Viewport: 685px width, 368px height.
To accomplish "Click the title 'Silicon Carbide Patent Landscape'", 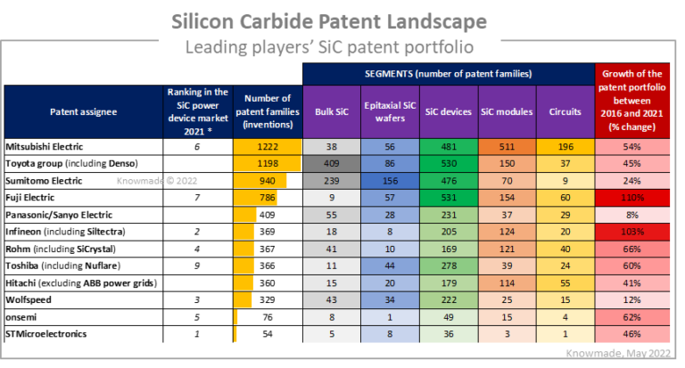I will coord(342,20).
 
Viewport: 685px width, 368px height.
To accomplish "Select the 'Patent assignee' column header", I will coord(84,112).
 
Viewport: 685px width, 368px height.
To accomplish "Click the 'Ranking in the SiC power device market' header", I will coord(197,111).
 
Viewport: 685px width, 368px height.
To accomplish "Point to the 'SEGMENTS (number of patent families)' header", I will coord(448,73).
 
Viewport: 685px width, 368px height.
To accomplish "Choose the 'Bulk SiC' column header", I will coord(331,112).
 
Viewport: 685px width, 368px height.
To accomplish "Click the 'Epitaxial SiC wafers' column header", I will coord(389,112).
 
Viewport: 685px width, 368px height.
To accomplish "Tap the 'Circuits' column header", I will coord(565,112).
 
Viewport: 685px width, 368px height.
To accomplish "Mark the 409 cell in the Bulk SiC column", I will coord(331,164).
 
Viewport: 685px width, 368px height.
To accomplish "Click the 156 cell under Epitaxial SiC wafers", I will coord(389,181).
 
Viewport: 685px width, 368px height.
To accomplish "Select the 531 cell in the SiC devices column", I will coord(448,198).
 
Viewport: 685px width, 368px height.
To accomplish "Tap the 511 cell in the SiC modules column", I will coord(507,146).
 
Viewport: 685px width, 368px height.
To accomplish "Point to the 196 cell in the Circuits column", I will coord(565,146).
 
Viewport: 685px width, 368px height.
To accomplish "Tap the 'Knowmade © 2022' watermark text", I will coord(157,181).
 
